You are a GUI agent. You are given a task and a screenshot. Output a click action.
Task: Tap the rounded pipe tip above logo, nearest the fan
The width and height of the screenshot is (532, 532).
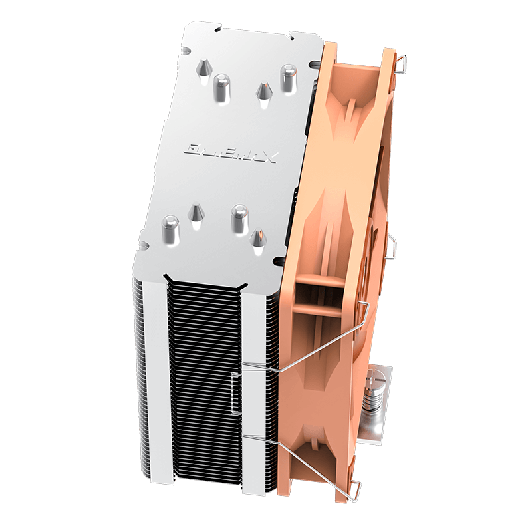pyautogui.click(x=288, y=76)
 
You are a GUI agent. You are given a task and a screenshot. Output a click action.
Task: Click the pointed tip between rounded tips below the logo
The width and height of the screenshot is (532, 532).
pyautogui.click(x=196, y=213)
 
